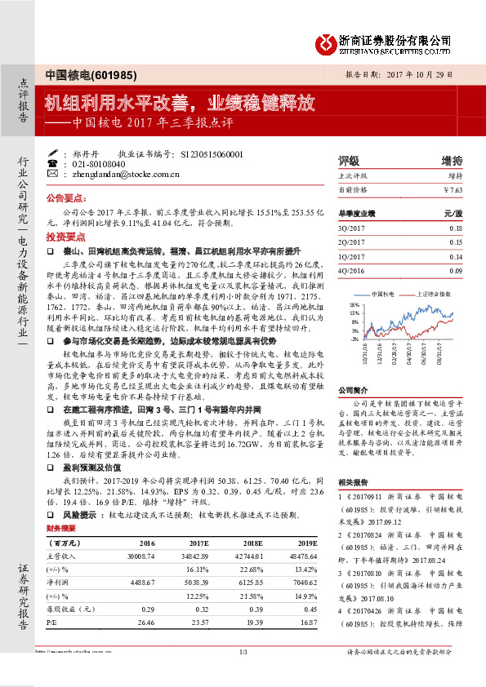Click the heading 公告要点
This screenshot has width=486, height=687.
65,198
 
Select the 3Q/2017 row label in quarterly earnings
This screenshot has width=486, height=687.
352,229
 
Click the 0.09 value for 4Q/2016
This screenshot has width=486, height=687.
456,270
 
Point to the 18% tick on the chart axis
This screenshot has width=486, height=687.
354,303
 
